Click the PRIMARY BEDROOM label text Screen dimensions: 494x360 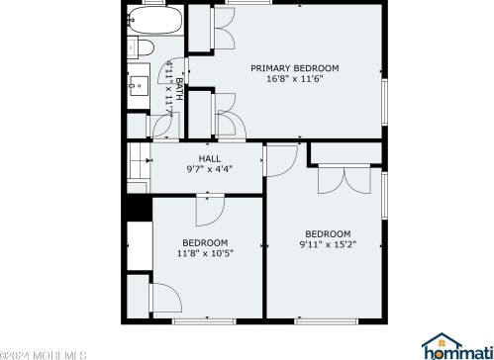click(295, 68)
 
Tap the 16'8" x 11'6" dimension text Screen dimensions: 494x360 click(295, 79)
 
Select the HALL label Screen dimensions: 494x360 click(210, 158)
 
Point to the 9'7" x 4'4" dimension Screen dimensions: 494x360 click(210, 169)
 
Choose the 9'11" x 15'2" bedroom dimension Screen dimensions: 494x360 click(328, 244)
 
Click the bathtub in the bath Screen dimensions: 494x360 click(154, 20)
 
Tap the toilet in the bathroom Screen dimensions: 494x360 click(141, 47)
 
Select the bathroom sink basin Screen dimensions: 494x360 click(139, 86)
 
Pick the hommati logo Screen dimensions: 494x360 click(457, 346)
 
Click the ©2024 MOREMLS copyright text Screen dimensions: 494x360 click(44, 355)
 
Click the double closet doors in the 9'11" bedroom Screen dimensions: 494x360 click(345, 179)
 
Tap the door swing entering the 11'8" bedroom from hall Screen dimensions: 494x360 click(211, 211)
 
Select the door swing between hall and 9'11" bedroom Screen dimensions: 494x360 click(281, 160)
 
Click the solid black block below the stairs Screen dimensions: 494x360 click(140, 208)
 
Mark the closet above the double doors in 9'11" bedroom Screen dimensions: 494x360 click(346, 152)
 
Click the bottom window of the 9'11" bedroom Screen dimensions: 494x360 click(326, 320)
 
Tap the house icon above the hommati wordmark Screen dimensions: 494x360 click(442, 339)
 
